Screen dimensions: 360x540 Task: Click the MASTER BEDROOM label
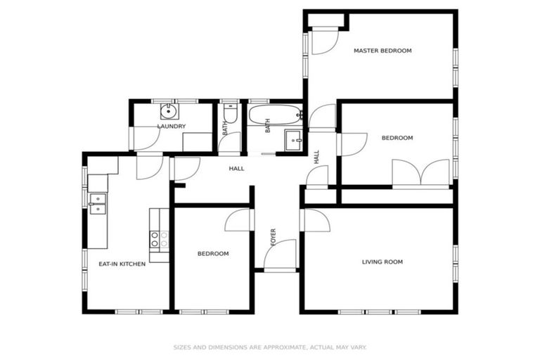(382, 51)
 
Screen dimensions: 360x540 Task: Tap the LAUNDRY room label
(171, 127)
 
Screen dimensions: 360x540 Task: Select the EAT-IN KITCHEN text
(122, 264)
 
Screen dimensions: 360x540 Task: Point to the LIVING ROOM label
(382, 262)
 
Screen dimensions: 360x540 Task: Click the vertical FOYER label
(274, 237)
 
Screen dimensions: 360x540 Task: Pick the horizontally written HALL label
(236, 169)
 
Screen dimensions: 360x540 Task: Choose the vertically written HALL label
(317, 157)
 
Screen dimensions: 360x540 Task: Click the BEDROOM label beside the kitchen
(212, 253)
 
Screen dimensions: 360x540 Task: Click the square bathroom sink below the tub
(293, 139)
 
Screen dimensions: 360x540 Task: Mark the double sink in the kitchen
(98, 202)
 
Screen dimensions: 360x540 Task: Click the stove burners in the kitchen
(159, 238)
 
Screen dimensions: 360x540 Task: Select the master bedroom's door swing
(323, 41)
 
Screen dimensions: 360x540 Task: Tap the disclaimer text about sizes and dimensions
(270, 347)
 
